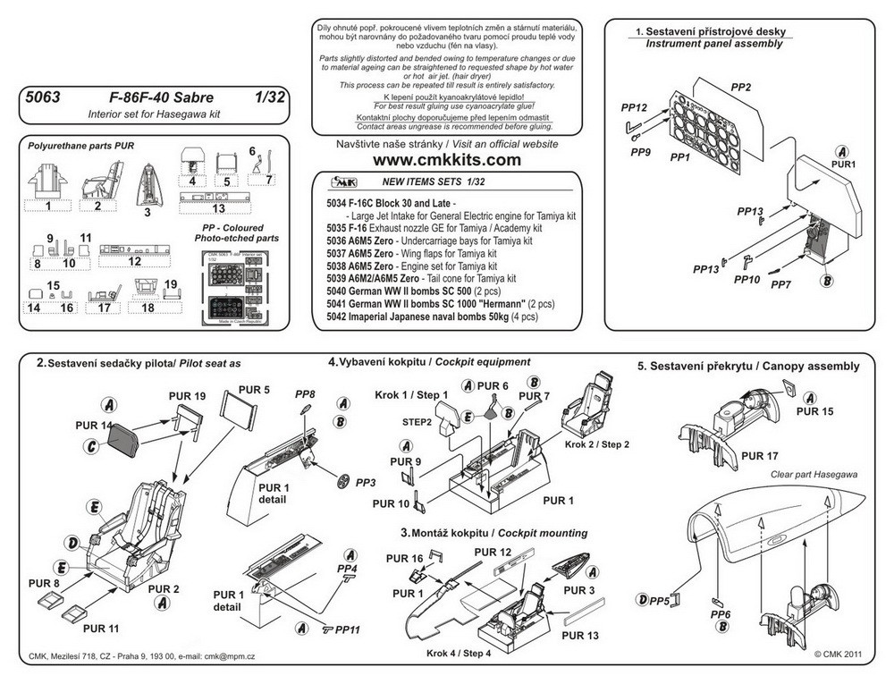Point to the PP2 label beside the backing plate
click(x=738, y=89)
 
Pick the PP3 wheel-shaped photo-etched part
click(x=345, y=482)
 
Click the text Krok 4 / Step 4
click(x=458, y=652)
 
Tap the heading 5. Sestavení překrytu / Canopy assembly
click(x=748, y=366)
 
